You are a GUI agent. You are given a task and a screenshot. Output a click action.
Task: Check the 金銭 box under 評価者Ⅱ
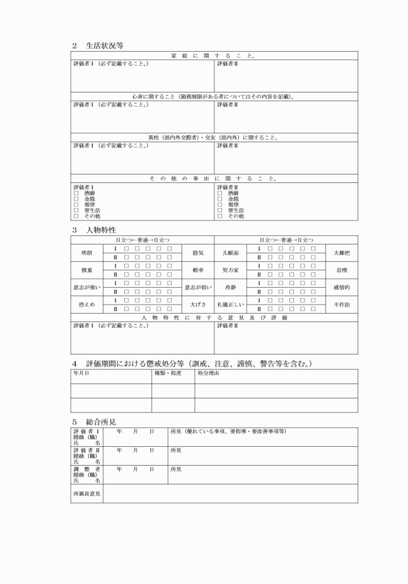pyautogui.click(x=220, y=199)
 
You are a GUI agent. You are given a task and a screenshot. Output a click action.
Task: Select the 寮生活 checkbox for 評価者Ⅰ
pyautogui.click(x=76, y=211)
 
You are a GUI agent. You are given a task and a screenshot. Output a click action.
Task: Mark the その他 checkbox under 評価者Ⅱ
pyautogui.click(x=220, y=217)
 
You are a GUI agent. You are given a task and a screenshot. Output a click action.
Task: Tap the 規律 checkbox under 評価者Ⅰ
pyautogui.click(x=76, y=205)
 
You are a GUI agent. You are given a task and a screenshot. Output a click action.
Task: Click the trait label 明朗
pyautogui.click(x=87, y=253)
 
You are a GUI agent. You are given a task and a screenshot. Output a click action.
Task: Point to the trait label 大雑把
pyautogui.click(x=341, y=253)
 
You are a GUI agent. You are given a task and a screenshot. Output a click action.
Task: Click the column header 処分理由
pyautogui.click(x=208, y=373)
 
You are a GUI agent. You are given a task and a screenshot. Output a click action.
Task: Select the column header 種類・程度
pyautogui.click(x=167, y=373)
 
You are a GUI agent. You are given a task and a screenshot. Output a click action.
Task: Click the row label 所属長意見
pyautogui.click(x=87, y=494)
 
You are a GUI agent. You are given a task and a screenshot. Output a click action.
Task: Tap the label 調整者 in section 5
pyautogui.click(x=87, y=469)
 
